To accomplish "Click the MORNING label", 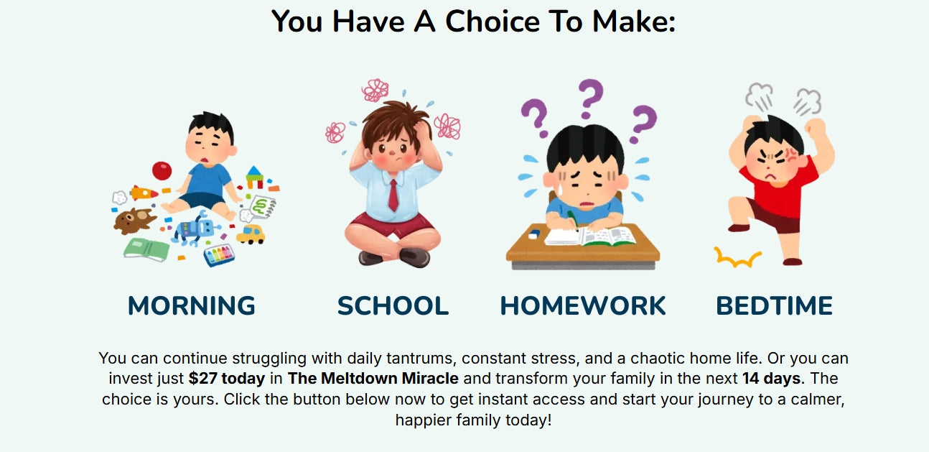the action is pyautogui.click(x=192, y=306).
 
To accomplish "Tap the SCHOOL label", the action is pyautogui.click(x=393, y=306).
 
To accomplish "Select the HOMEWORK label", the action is pyautogui.click(x=583, y=306).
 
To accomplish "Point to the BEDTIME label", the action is pyautogui.click(x=775, y=306).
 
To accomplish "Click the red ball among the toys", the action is pyautogui.click(x=162, y=170).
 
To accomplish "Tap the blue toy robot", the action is pyautogui.click(x=196, y=229).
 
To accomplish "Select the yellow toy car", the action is pyautogui.click(x=251, y=234).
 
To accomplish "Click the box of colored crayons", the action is pyautogui.click(x=219, y=254).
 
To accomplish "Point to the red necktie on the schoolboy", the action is pyautogui.click(x=393, y=195).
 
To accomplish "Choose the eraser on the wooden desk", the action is pyautogui.click(x=534, y=234).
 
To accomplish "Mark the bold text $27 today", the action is pyautogui.click(x=226, y=379).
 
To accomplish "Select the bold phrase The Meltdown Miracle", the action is pyautogui.click(x=373, y=379).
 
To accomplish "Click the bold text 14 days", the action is pyautogui.click(x=771, y=379).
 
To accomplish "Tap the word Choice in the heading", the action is pyautogui.click(x=492, y=21).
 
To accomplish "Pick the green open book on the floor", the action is pyautogui.click(x=146, y=250).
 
